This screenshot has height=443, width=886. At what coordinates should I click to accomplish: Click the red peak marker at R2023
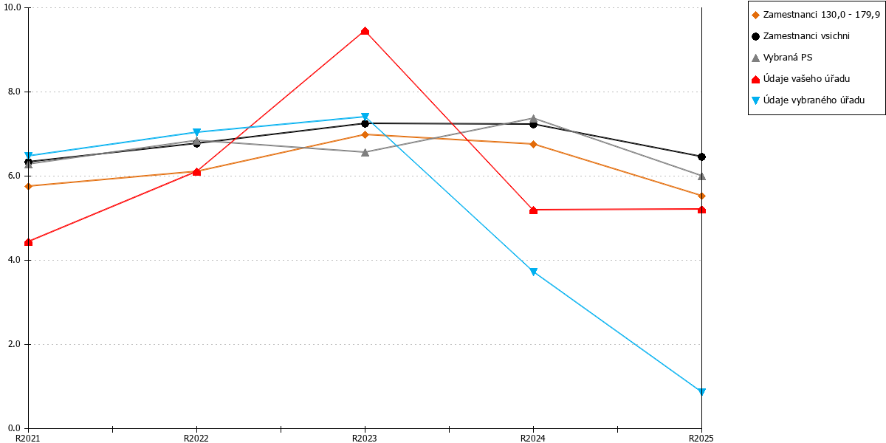pos(365,31)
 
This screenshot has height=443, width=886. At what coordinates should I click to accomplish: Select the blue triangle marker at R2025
pos(701,391)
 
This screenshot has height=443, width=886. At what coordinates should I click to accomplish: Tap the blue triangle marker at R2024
pos(533,272)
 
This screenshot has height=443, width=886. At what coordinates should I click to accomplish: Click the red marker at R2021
pos(28,242)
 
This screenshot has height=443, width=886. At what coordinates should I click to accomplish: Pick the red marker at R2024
pos(533,210)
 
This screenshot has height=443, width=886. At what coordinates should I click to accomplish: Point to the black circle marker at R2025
pos(701,157)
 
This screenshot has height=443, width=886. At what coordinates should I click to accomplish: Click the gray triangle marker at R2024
pos(533,118)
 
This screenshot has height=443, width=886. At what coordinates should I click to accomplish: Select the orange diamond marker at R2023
pos(365,135)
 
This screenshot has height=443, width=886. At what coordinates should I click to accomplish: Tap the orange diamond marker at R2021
pos(28,186)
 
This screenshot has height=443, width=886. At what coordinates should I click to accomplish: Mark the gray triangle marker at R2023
pos(365,152)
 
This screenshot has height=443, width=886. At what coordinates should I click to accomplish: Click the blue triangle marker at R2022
pos(196,132)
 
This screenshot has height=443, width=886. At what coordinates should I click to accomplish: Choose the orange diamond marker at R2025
pos(701,196)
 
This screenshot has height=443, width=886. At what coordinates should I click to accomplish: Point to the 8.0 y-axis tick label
pos(14,92)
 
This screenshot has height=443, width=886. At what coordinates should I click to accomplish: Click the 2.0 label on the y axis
pos(14,344)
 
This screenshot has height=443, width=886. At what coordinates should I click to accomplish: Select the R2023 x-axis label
pos(364,439)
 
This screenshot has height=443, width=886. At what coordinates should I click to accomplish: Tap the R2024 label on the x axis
pos(533,439)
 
